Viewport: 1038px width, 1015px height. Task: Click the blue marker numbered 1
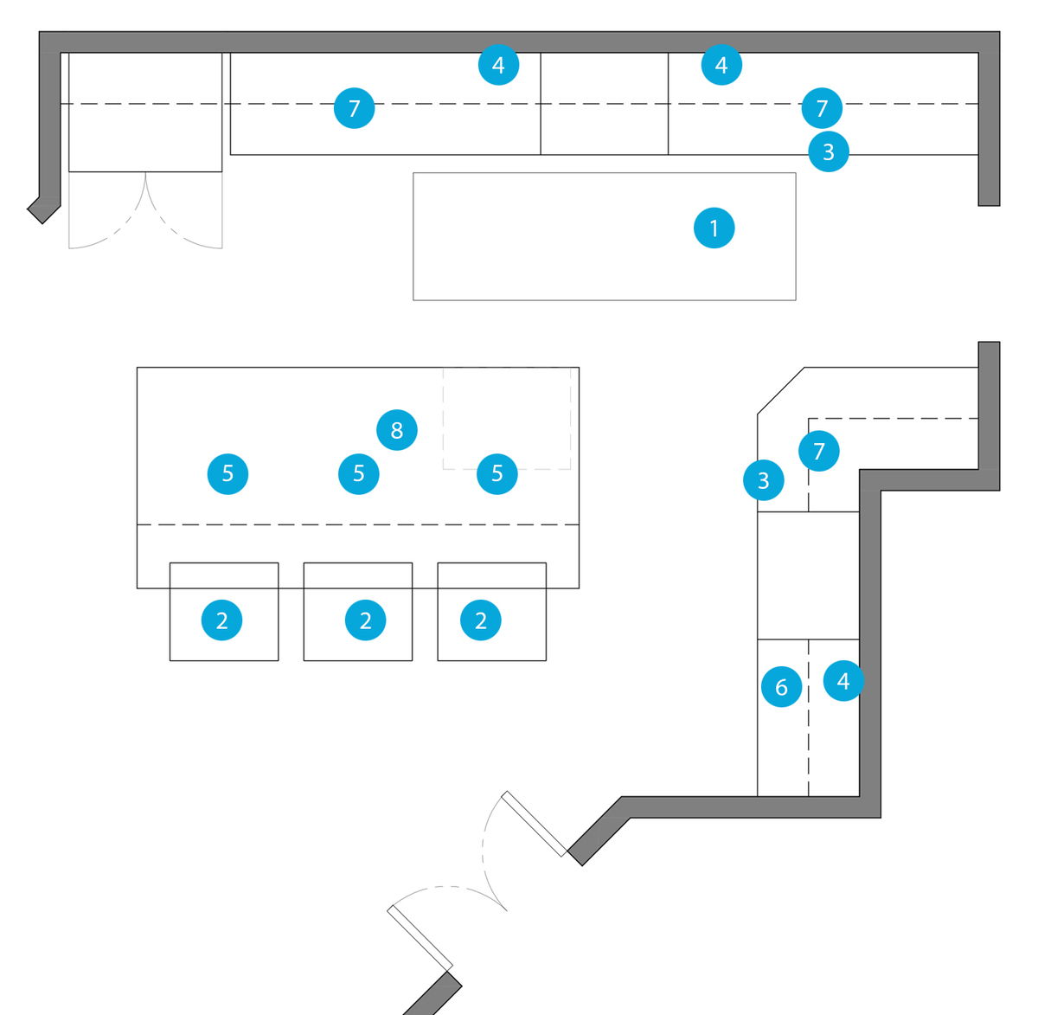click(714, 228)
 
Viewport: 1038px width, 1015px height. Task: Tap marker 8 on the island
click(397, 430)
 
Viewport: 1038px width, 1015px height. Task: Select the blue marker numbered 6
click(781, 687)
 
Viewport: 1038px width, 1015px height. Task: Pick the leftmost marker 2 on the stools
click(222, 620)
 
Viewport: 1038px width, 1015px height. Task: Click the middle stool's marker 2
click(365, 620)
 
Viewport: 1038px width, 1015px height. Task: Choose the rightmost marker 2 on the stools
click(481, 620)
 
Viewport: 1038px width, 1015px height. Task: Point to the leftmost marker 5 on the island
click(227, 473)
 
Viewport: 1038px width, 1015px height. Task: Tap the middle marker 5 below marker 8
click(359, 473)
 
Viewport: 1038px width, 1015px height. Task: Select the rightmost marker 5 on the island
click(497, 473)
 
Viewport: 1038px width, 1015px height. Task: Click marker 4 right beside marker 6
click(843, 681)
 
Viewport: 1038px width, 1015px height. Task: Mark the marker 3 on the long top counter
click(829, 151)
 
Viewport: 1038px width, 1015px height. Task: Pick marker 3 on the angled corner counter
click(764, 480)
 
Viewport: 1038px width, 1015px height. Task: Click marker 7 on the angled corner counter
click(819, 451)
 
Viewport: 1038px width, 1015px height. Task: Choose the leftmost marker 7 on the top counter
click(354, 108)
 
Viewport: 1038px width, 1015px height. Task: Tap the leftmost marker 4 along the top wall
click(498, 65)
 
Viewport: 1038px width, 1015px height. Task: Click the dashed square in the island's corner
click(507, 419)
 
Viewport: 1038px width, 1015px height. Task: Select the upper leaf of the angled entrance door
click(534, 823)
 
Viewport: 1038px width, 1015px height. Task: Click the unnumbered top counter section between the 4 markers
click(604, 104)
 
